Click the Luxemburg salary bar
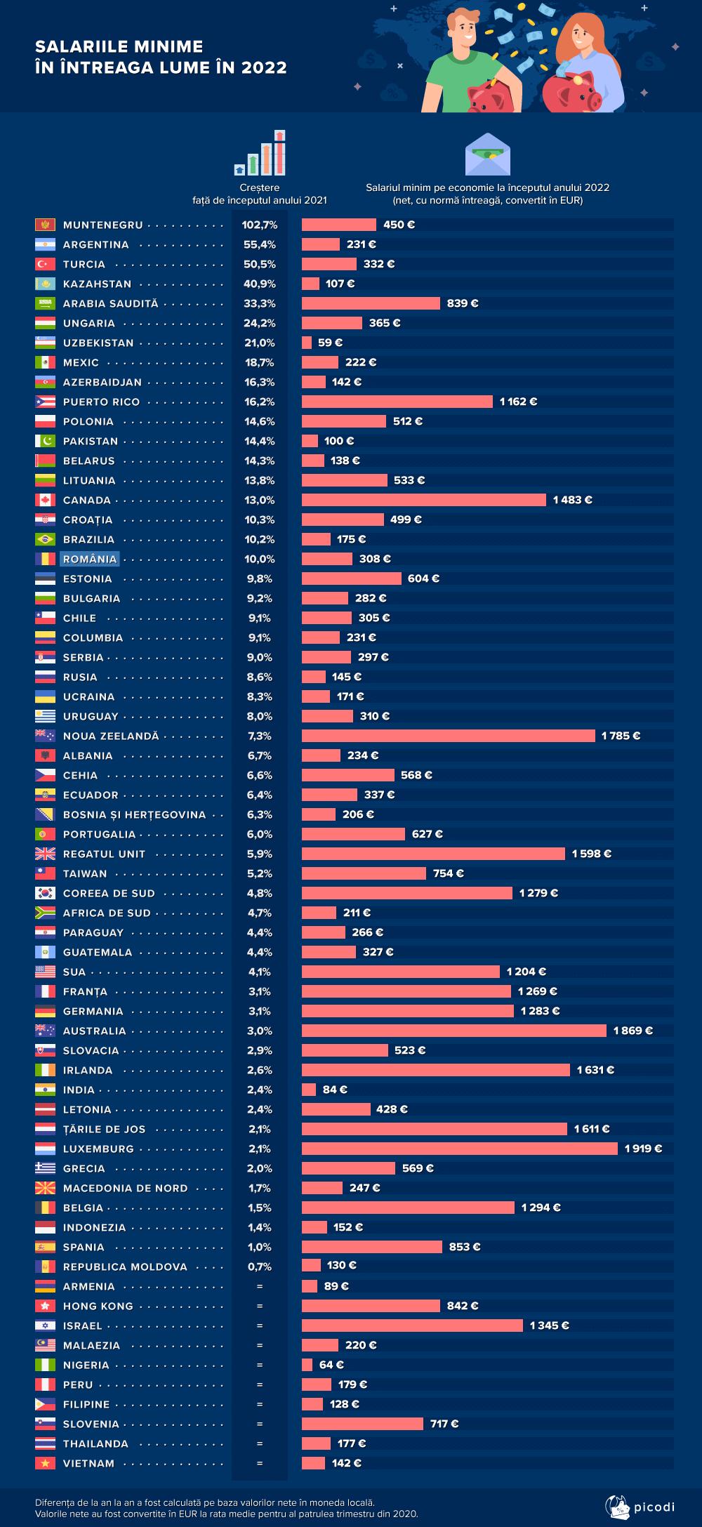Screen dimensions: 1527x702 click(x=460, y=1149)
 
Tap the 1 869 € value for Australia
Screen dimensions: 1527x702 click(x=633, y=1031)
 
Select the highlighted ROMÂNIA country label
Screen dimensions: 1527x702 click(x=90, y=559)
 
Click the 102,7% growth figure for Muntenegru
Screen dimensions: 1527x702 click(x=259, y=225)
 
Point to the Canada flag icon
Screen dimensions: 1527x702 click(x=45, y=500)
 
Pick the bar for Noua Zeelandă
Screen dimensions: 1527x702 click(x=448, y=736)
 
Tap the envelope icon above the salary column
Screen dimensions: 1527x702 click(x=487, y=154)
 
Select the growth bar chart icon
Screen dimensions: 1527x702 click(x=260, y=153)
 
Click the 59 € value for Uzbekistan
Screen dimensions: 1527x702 click(x=330, y=343)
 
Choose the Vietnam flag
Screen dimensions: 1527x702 click(x=45, y=1463)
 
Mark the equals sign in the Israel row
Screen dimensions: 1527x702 click(x=259, y=1326)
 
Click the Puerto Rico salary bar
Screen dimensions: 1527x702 click(x=397, y=402)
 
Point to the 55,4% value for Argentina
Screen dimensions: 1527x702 click(x=259, y=244)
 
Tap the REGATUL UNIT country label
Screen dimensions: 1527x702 click(x=104, y=854)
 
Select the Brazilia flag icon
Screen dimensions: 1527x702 click(x=45, y=539)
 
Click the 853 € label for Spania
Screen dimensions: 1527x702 click(x=464, y=1247)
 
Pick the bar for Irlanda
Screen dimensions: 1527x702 click(x=435, y=1070)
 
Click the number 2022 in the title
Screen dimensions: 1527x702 click(x=264, y=67)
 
